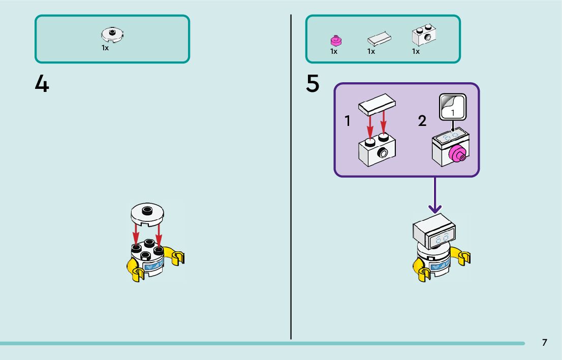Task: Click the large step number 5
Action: [313, 83]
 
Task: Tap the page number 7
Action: [544, 342]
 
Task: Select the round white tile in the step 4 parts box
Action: [112, 35]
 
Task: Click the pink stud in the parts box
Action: [336, 41]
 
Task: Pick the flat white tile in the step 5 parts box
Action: [379, 39]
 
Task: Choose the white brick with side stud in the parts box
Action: [424, 35]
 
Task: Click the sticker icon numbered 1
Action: [453, 107]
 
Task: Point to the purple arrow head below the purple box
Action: [435, 209]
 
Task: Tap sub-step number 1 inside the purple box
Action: [347, 121]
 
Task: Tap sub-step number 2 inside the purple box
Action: [422, 121]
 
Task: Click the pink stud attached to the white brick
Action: [457, 154]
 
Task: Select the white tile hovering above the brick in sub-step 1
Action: [377, 104]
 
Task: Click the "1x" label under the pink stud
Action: [334, 52]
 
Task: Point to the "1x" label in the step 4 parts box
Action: [105, 48]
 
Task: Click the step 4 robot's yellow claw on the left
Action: [135, 271]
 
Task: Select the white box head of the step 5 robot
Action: [434, 231]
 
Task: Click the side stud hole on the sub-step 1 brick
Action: [383, 153]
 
